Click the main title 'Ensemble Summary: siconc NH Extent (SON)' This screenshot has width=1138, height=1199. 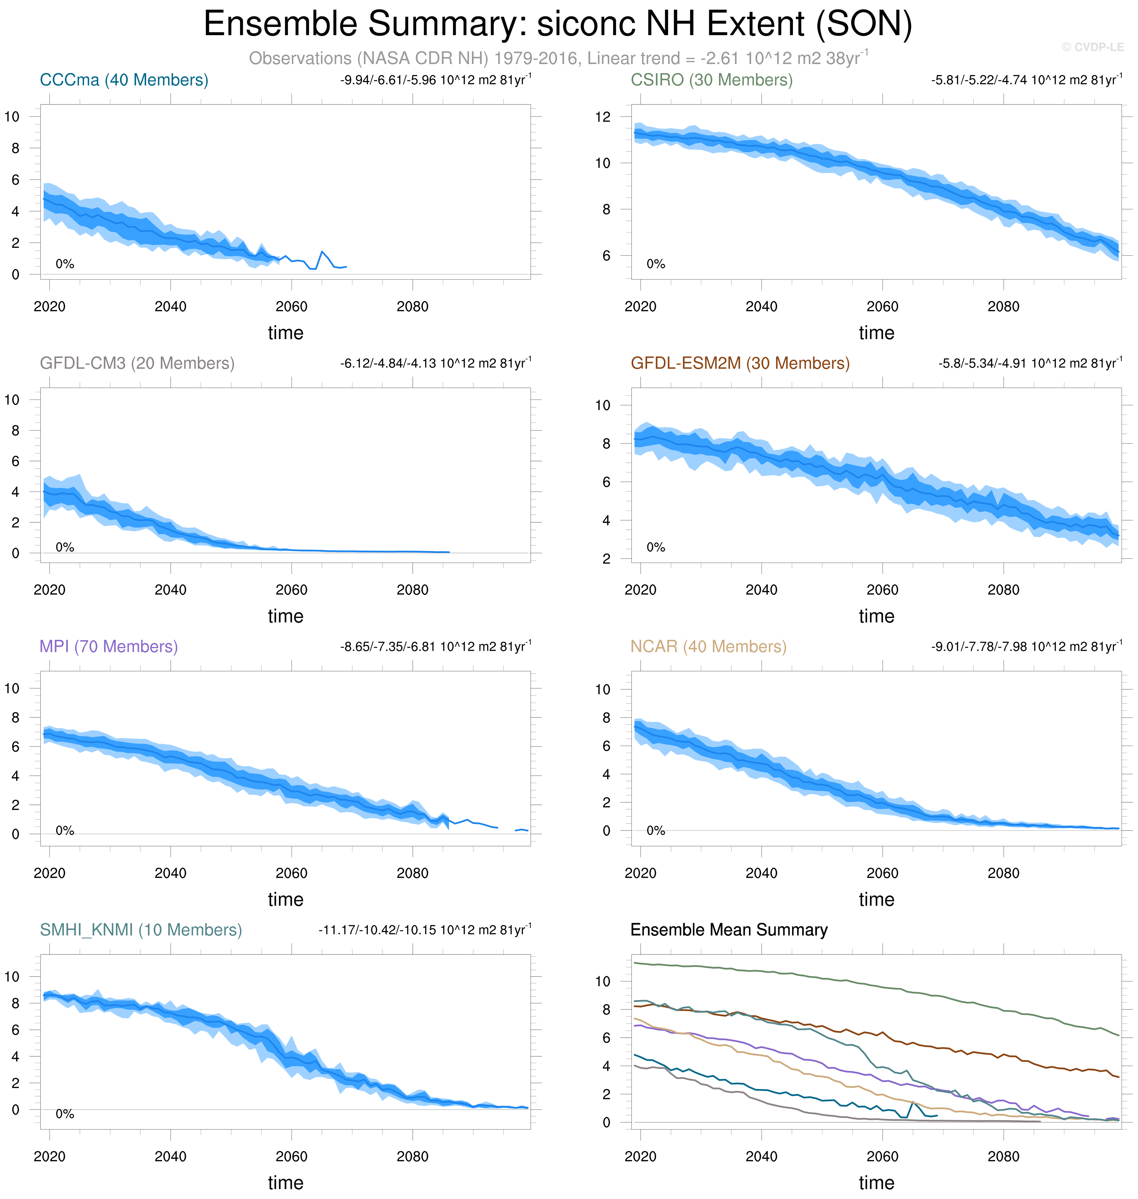557,24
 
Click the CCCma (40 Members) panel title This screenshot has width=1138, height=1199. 124,80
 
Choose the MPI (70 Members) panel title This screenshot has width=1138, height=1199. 109,647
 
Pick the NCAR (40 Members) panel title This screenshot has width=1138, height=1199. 708,647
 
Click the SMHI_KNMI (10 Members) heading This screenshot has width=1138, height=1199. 141,930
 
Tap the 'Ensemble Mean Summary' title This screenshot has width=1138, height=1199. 729,930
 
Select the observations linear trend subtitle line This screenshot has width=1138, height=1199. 558,58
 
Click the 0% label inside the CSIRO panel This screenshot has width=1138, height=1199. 656,264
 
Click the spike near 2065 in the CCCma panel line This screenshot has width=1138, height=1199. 322,252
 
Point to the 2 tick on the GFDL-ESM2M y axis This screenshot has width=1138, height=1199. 606,559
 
